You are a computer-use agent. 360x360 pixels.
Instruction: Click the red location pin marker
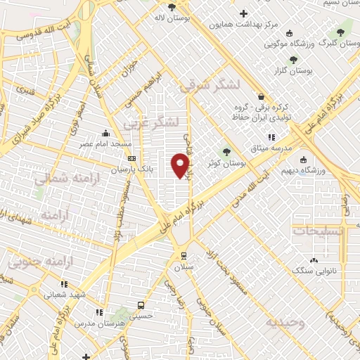pyautogui.click(x=181, y=165)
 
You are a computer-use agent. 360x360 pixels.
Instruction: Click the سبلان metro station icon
pyautogui.click(x=184, y=256)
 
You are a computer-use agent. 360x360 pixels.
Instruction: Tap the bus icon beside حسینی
pyautogui.click(x=141, y=306)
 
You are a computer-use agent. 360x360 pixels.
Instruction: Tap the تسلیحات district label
pyautogui.click(x=319, y=230)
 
